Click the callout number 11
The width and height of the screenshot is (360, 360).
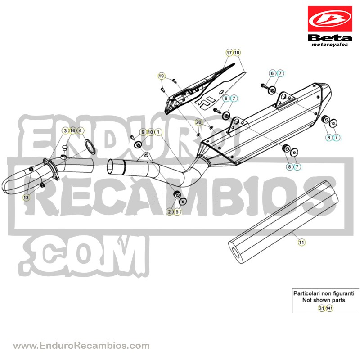(301, 242)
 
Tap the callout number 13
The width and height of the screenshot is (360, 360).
(26, 198)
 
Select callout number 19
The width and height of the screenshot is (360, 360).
(162, 76)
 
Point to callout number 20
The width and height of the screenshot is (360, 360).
(198, 122)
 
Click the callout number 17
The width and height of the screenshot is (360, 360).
(229, 53)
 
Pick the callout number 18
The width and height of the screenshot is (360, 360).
(237, 53)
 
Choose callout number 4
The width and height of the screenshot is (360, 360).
(80, 130)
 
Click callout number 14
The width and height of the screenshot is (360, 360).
(72, 130)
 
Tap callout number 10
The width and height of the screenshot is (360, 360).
(150, 132)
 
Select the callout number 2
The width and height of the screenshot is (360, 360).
(170, 211)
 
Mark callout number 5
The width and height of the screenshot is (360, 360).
(177, 211)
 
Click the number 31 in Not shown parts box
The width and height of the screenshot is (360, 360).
(322, 308)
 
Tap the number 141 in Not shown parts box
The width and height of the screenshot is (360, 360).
(329, 308)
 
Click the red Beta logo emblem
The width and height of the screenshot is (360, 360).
(330, 19)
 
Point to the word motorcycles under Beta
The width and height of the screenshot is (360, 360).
(330, 45)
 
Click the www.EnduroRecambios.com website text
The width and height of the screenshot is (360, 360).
(81, 345)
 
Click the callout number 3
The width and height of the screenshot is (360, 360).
(65, 130)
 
